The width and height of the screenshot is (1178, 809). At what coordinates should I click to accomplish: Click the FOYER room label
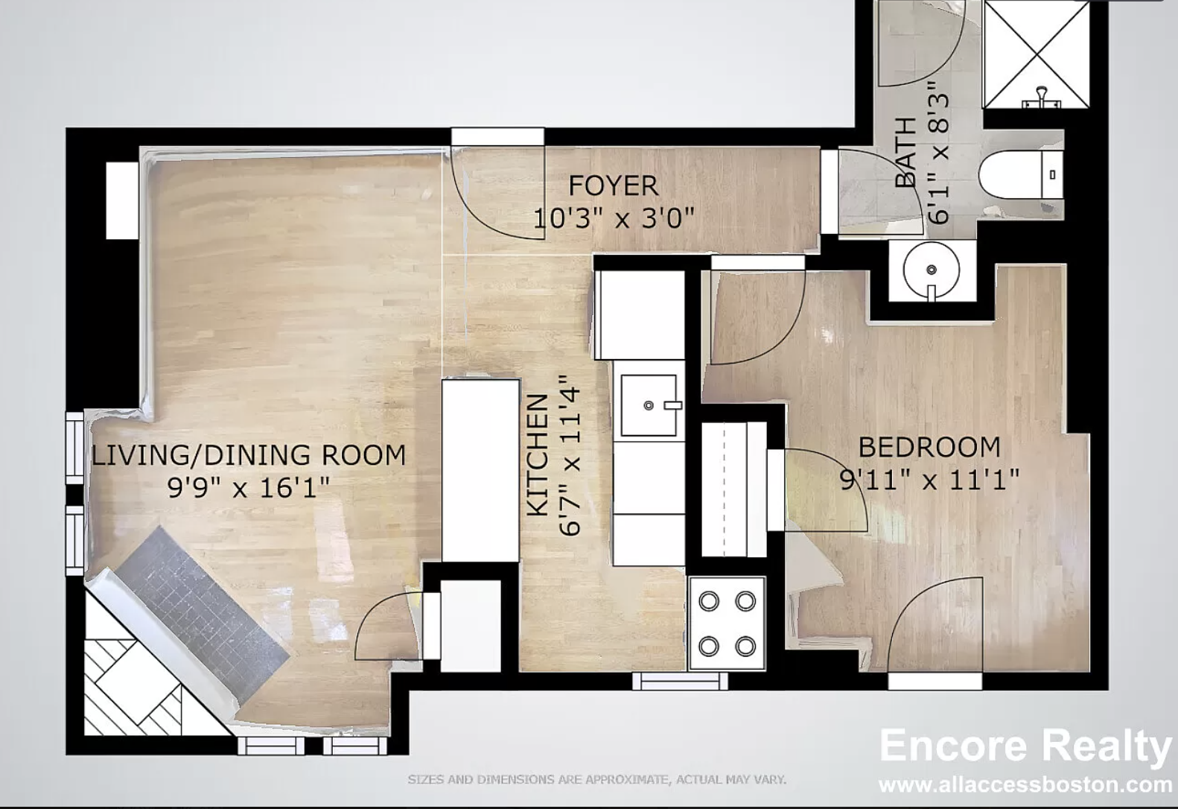[x=613, y=185]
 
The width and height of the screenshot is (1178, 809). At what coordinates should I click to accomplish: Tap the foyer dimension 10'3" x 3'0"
[x=614, y=218]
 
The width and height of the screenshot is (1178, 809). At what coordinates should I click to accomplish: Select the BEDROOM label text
[x=929, y=447]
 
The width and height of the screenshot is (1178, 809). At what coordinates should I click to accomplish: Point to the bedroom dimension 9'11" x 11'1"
[x=929, y=479]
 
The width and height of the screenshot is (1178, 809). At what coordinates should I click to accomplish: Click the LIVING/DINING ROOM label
[x=249, y=455]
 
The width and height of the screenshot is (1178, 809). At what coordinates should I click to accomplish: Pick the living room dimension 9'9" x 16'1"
[x=248, y=488]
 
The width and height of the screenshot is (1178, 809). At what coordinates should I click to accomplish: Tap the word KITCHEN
[x=538, y=455]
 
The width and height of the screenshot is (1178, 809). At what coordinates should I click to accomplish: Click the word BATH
[x=905, y=152]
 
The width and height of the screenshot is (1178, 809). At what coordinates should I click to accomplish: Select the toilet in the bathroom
[x=1021, y=174]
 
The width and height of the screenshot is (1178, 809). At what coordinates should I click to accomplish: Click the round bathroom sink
[x=932, y=270]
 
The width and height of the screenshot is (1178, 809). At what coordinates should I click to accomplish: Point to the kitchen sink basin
[x=649, y=405]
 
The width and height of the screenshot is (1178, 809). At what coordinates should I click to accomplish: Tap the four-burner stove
[x=728, y=623]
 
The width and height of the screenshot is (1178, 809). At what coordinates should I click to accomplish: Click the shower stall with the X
[x=1036, y=54]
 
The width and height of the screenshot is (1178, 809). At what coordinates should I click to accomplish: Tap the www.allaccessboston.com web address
[x=1025, y=785]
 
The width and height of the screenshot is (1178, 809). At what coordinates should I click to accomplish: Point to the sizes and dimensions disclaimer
[x=597, y=779]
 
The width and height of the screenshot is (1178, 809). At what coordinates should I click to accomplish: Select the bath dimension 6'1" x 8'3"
[x=939, y=152]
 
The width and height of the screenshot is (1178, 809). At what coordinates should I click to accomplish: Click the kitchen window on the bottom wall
[x=680, y=681]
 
